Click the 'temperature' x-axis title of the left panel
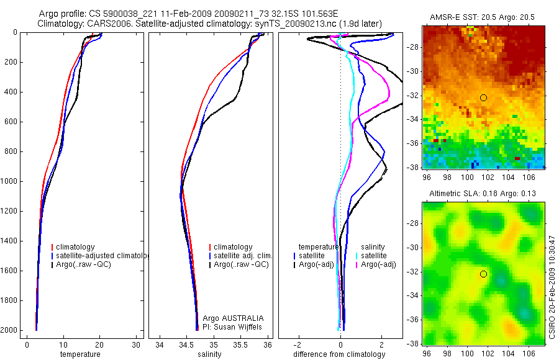pos(80,354)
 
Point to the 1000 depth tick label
pos(9,181)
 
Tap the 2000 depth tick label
pos(9,330)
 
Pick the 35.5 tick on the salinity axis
pos(241,344)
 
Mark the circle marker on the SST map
pos(484,97)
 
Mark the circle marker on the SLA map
pos(484,274)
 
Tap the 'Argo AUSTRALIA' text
pos(234,318)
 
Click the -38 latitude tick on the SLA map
pos(415,343)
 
